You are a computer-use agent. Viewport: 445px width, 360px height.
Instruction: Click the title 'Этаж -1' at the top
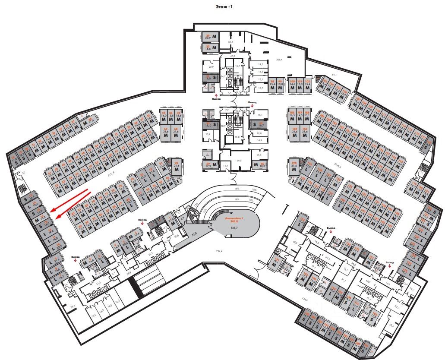[x=223, y=7]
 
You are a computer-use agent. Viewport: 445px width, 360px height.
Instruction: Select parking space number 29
[x=211, y=38]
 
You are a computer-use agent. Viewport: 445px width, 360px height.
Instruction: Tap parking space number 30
[x=211, y=48]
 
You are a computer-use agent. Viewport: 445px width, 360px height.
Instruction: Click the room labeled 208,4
[x=279, y=59]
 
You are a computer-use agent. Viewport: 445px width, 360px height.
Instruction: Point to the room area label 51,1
[x=230, y=41]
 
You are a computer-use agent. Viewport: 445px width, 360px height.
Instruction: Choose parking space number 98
[x=272, y=85]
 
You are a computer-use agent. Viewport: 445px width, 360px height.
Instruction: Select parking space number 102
[x=307, y=85]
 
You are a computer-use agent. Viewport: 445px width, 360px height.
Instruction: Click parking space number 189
[x=295, y=132]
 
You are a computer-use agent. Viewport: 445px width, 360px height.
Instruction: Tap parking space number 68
[x=176, y=132]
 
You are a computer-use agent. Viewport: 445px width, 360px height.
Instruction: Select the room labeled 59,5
[x=239, y=160]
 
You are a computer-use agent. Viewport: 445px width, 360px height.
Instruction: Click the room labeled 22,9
[x=211, y=67]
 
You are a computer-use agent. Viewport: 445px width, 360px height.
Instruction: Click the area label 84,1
[x=334, y=75]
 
